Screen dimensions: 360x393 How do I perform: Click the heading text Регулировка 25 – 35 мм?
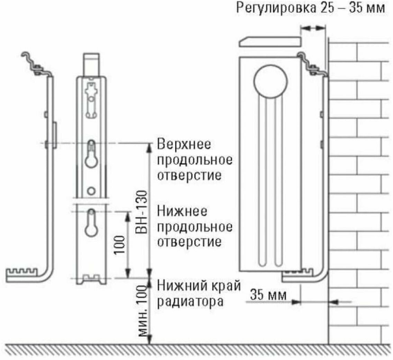(x=310, y=9)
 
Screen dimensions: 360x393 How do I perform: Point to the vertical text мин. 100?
(x=142, y=313)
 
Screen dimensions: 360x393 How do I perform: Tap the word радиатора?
(x=190, y=301)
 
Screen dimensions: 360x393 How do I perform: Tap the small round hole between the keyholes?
(x=91, y=190)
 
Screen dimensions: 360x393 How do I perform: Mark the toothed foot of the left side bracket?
(x=24, y=273)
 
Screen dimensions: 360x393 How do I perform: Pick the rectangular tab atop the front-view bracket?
(x=91, y=64)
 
